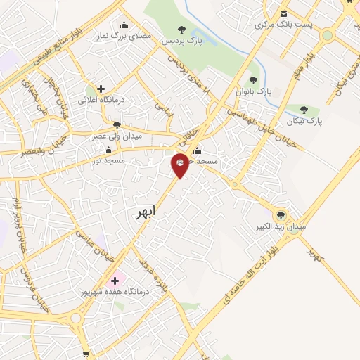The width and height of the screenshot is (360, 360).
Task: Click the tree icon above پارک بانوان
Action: click(253, 80)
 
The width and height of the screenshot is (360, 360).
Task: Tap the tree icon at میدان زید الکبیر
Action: click(281, 215)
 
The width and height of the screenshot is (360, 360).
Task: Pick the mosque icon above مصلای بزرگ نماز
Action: click(124, 25)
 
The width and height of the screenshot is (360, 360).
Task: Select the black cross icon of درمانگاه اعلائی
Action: click(101, 89)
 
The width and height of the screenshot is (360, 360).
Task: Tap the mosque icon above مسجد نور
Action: click(108, 150)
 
